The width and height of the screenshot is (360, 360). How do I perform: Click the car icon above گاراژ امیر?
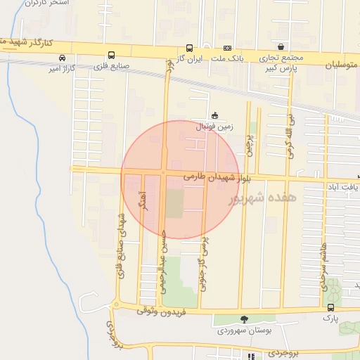pyautogui.click(x=63, y=57)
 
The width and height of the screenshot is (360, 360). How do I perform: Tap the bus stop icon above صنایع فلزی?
pyautogui.click(x=111, y=56)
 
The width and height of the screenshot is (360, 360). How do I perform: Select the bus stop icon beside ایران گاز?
pyautogui.click(x=189, y=49)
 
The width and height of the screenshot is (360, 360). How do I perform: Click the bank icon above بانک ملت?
pyautogui.click(x=227, y=48)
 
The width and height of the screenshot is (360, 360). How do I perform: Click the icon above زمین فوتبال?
pyautogui.click(x=214, y=116)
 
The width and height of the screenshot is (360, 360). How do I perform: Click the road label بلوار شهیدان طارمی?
pyautogui.click(x=207, y=176)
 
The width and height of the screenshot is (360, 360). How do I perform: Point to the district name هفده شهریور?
pyautogui.click(x=263, y=199)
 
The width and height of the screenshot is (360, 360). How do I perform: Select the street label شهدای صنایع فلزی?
pyautogui.click(x=121, y=245)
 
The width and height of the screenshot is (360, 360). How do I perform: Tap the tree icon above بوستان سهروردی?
pyautogui.click(x=244, y=319)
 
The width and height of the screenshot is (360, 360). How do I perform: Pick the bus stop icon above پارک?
pyautogui.click(x=330, y=308)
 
